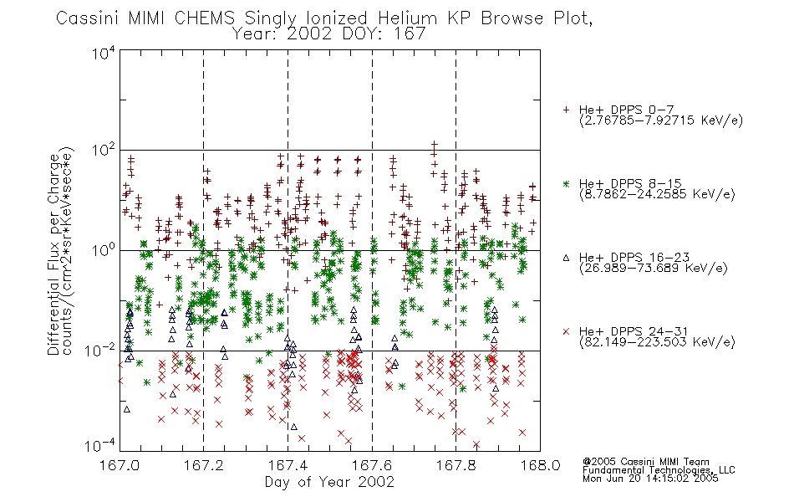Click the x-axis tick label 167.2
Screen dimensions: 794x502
coord(204,465)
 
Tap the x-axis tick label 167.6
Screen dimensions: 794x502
coord(372,465)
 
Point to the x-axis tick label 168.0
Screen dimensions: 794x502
coord(540,465)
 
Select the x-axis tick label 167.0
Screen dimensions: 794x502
coord(120,465)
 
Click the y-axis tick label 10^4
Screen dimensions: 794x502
coord(104,53)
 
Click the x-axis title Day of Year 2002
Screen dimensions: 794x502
coord(329,482)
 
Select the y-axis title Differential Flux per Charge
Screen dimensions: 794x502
coord(53,254)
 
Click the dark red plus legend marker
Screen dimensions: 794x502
coord(566,110)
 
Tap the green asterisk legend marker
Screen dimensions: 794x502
coord(566,183)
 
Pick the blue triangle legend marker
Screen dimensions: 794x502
coord(566,258)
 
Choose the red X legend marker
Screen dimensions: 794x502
coord(566,331)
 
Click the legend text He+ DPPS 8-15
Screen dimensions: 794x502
coord(630,183)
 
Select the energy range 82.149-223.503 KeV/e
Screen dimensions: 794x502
coord(657,342)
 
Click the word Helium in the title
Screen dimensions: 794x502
coord(408,18)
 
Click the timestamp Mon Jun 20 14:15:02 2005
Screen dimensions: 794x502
coord(650,479)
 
